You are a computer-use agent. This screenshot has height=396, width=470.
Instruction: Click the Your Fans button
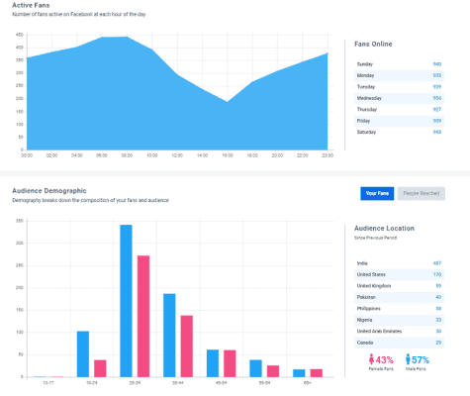click(x=378, y=193)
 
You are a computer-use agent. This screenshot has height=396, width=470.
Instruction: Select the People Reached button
click(x=423, y=193)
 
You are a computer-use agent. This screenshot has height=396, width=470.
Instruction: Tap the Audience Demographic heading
click(x=48, y=190)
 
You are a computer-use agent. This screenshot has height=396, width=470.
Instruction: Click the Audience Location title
click(x=384, y=228)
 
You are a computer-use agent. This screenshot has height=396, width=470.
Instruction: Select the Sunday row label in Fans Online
click(x=364, y=63)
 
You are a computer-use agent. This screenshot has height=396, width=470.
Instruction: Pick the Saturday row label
click(x=366, y=132)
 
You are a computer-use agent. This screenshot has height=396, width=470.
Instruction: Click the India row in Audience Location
click(x=361, y=262)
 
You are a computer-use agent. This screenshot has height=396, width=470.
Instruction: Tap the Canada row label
click(x=364, y=342)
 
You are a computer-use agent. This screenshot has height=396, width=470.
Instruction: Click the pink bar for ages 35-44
click(x=186, y=346)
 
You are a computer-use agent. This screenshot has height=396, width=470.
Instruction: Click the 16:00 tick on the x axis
click(x=228, y=155)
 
